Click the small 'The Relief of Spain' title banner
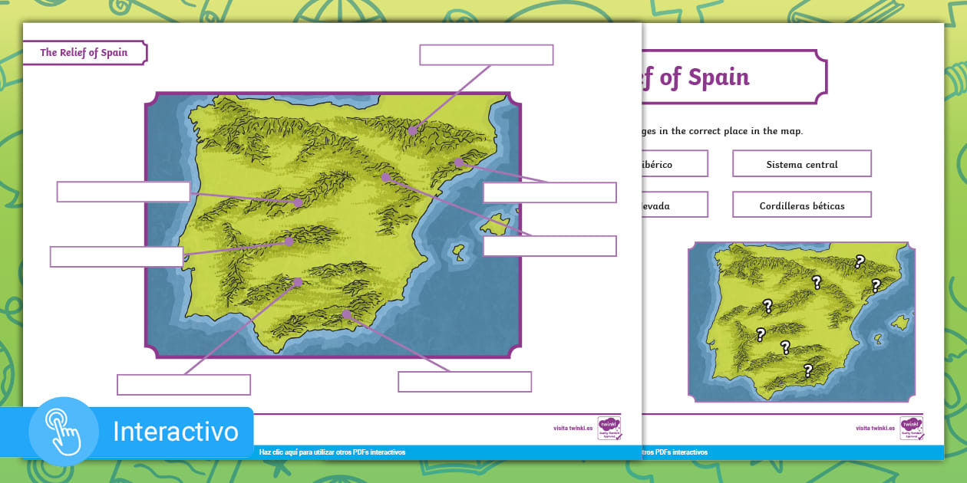[84, 53]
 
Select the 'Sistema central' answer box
[801, 164]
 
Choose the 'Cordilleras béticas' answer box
[801, 205]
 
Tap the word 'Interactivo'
[176, 432]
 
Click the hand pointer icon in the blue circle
[64, 432]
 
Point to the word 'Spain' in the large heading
[718, 77]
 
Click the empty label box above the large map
[486, 55]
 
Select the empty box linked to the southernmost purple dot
[464, 382]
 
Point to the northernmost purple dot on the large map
[412, 130]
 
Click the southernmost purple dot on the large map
[347, 314]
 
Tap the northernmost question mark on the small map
[860, 261]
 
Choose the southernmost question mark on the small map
[807, 371]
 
